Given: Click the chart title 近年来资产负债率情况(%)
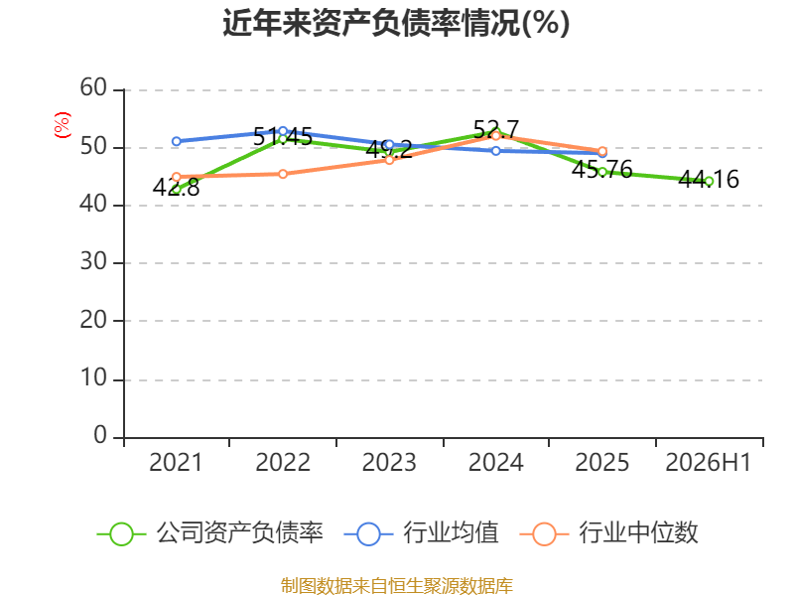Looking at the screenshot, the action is [x=396, y=23].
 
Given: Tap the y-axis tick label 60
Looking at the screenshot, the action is [x=93, y=88].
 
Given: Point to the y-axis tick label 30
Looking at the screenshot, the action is [x=93, y=262].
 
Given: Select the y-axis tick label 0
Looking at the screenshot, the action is [x=100, y=435].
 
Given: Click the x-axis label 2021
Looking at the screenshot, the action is [x=176, y=462].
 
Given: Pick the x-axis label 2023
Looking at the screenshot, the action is [x=389, y=462].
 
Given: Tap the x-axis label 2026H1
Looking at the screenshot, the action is [x=708, y=462].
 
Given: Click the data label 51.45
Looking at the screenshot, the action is [x=283, y=137].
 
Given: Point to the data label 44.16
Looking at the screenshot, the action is [x=709, y=180].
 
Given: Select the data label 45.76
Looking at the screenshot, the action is [x=602, y=169].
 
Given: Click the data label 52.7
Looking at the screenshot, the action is [x=495, y=130].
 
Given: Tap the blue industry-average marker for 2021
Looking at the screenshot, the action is [x=177, y=141].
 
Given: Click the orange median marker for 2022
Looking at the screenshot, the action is [x=283, y=175].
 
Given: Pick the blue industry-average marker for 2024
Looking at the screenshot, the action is [x=495, y=151].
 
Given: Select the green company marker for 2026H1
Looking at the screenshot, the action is [x=709, y=182].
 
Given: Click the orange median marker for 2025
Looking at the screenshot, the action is [x=602, y=151].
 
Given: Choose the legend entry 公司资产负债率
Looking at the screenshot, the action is [x=209, y=533].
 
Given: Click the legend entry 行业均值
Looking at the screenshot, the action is [x=421, y=533].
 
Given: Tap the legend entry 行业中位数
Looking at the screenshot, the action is [x=608, y=533].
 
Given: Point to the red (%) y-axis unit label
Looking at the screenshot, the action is [x=63, y=125].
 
